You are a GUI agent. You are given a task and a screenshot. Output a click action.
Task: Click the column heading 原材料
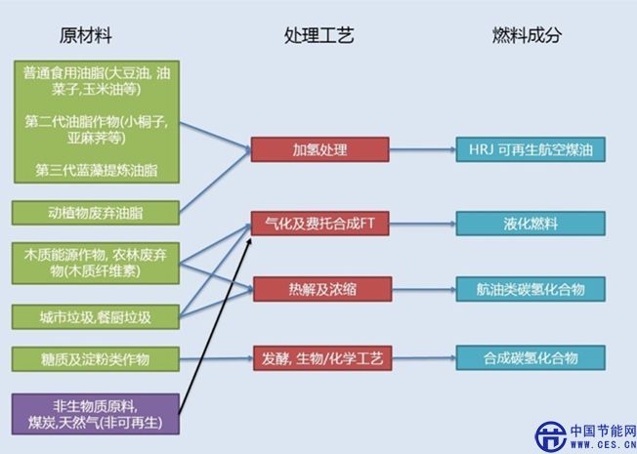click(86, 36)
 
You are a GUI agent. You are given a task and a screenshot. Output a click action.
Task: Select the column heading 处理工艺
click(318, 36)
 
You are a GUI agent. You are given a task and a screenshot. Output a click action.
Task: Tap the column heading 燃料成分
click(528, 36)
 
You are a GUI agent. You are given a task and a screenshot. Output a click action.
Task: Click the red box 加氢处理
click(320, 150)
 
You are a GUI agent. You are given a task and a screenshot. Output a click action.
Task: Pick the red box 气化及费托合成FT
click(320, 224)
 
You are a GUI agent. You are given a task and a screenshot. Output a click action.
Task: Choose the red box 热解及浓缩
click(320, 289)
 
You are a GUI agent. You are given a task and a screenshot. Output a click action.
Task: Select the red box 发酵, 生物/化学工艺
click(320, 357)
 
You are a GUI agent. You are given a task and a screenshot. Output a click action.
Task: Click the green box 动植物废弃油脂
click(96, 212)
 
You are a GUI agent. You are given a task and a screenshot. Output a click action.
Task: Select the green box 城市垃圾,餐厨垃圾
click(96, 317)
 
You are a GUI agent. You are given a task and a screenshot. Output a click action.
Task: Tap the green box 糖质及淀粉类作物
click(96, 357)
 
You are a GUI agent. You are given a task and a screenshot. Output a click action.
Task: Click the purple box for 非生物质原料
click(96, 414)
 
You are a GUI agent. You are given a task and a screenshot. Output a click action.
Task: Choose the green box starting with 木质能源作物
click(96, 264)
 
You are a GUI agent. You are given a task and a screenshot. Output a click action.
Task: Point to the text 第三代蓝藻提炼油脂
click(96, 170)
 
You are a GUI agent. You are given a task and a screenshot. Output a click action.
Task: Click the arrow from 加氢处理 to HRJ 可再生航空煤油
click(422, 150)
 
